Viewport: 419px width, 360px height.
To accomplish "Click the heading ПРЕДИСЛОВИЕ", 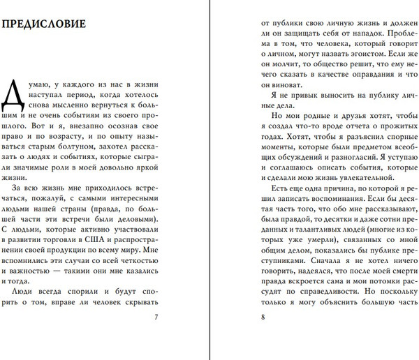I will coord(44,25).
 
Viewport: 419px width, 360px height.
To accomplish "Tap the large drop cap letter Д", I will coord(14,97).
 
